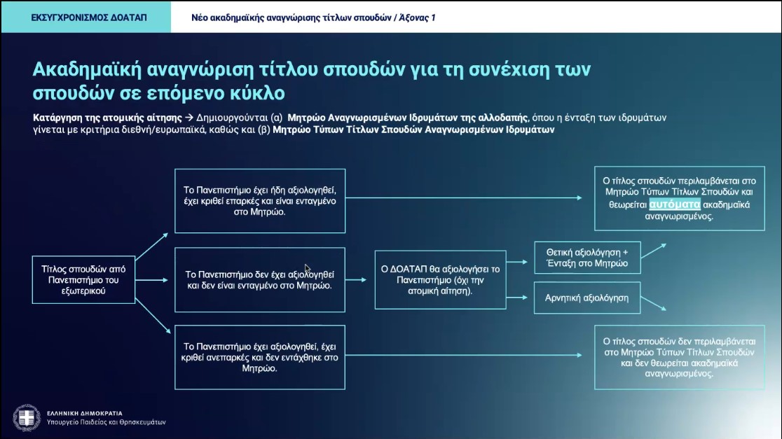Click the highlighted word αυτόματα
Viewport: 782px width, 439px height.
(675, 204)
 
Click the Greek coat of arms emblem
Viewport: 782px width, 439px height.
(27, 417)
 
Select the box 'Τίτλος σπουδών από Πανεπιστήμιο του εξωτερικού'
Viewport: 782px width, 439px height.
(83, 280)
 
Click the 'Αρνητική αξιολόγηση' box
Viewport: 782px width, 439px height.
(587, 298)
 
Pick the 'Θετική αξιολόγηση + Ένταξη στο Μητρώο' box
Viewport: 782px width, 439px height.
(587, 258)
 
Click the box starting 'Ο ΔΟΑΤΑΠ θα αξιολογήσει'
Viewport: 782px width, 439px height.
(440, 280)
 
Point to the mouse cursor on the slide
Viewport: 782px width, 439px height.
(307, 269)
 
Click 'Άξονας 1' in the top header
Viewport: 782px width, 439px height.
(418, 18)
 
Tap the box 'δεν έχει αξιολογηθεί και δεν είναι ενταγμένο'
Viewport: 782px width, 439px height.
(260, 280)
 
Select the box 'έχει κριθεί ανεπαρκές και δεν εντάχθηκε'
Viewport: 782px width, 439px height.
(260, 357)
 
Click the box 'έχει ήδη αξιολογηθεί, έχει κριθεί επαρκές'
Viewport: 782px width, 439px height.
(260, 201)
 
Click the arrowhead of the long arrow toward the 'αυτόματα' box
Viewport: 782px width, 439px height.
(579, 198)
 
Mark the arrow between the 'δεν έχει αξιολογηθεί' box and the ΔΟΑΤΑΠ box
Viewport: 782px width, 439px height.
(356, 280)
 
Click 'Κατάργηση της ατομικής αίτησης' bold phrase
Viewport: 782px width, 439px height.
(107, 118)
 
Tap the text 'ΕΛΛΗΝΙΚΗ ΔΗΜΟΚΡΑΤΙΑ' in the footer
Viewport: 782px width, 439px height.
(85, 413)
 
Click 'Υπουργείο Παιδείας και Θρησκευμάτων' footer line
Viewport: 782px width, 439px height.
(107, 422)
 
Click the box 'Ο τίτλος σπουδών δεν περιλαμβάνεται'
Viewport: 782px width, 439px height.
(679, 357)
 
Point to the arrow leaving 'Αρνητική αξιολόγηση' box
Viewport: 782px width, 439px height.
(653, 303)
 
